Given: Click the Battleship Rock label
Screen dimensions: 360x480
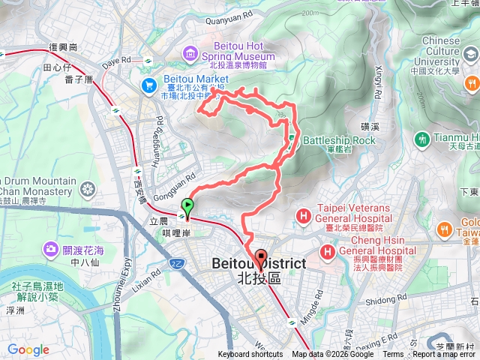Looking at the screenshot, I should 338,140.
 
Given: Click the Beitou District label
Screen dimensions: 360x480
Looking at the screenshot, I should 259,264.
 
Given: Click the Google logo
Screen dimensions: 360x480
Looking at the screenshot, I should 28,349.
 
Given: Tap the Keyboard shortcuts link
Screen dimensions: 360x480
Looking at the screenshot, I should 250,355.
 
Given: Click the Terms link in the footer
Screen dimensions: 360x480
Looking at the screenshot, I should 393,355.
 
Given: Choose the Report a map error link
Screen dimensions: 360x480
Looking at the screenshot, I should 445,355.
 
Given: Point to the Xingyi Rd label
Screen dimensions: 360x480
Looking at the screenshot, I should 379,74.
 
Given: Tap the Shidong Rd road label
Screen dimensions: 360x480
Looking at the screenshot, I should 387,300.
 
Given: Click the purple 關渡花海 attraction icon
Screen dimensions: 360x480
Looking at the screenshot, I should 51,247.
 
